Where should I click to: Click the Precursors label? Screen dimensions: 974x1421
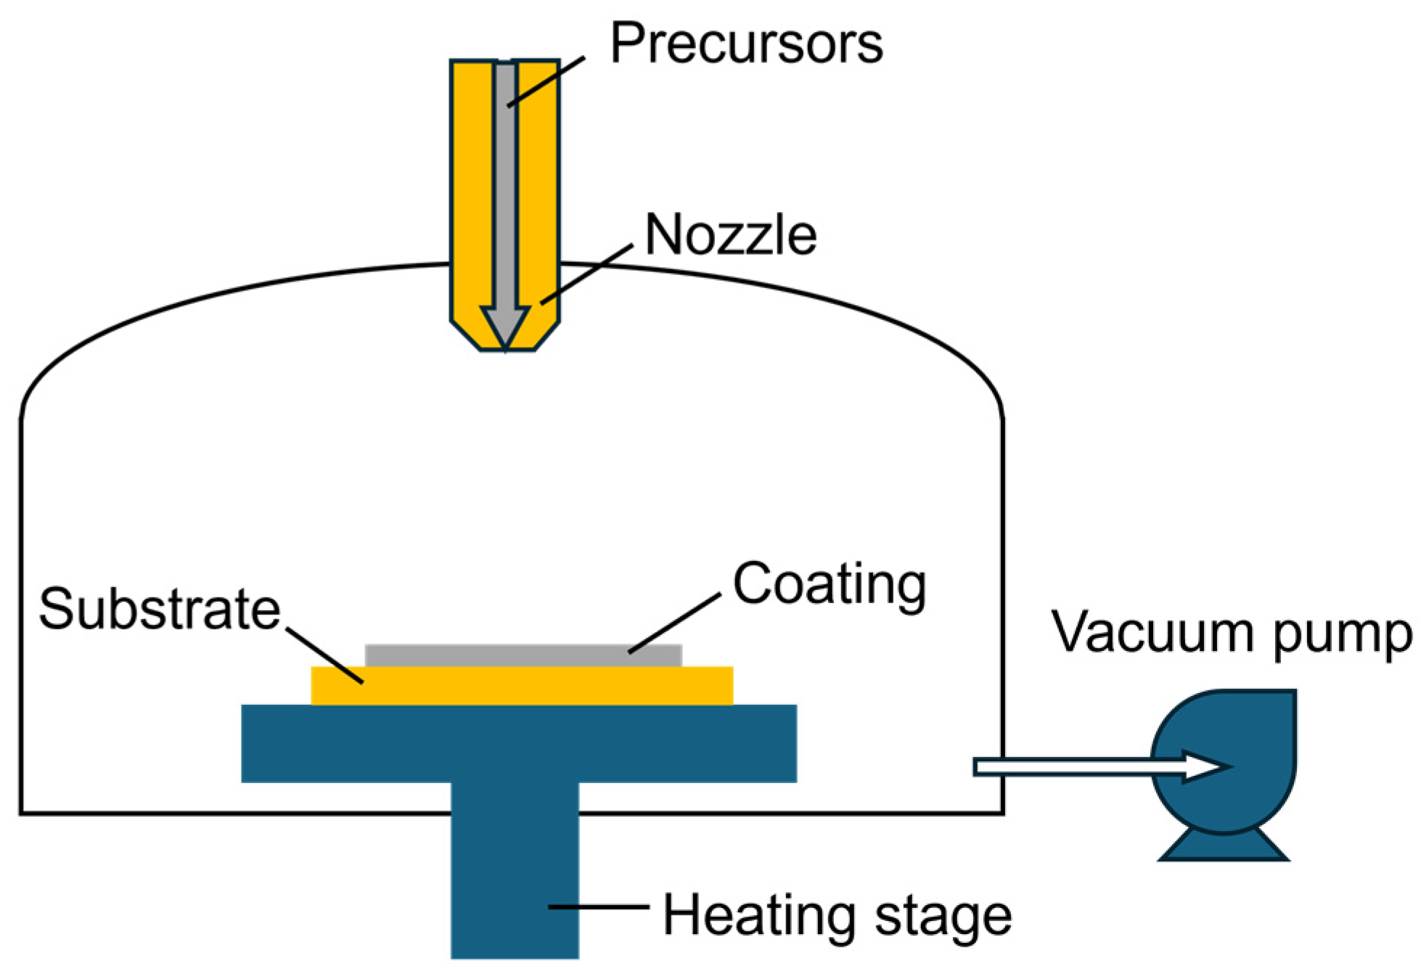[746, 44]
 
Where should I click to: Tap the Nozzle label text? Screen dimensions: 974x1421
[730, 235]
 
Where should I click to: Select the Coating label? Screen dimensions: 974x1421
[829, 585]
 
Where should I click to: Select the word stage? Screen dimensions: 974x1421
[943, 917]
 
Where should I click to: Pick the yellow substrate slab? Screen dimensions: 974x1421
[523, 686]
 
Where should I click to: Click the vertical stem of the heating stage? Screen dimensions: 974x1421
[515, 871]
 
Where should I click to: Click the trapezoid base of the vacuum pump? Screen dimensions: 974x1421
[1224, 848]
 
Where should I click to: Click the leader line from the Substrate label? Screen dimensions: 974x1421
[324, 655]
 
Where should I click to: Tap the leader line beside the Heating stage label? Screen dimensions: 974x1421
[598, 907]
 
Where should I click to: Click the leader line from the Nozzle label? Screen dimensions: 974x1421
[586, 274]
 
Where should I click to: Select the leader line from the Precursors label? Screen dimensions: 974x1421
[546, 81]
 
